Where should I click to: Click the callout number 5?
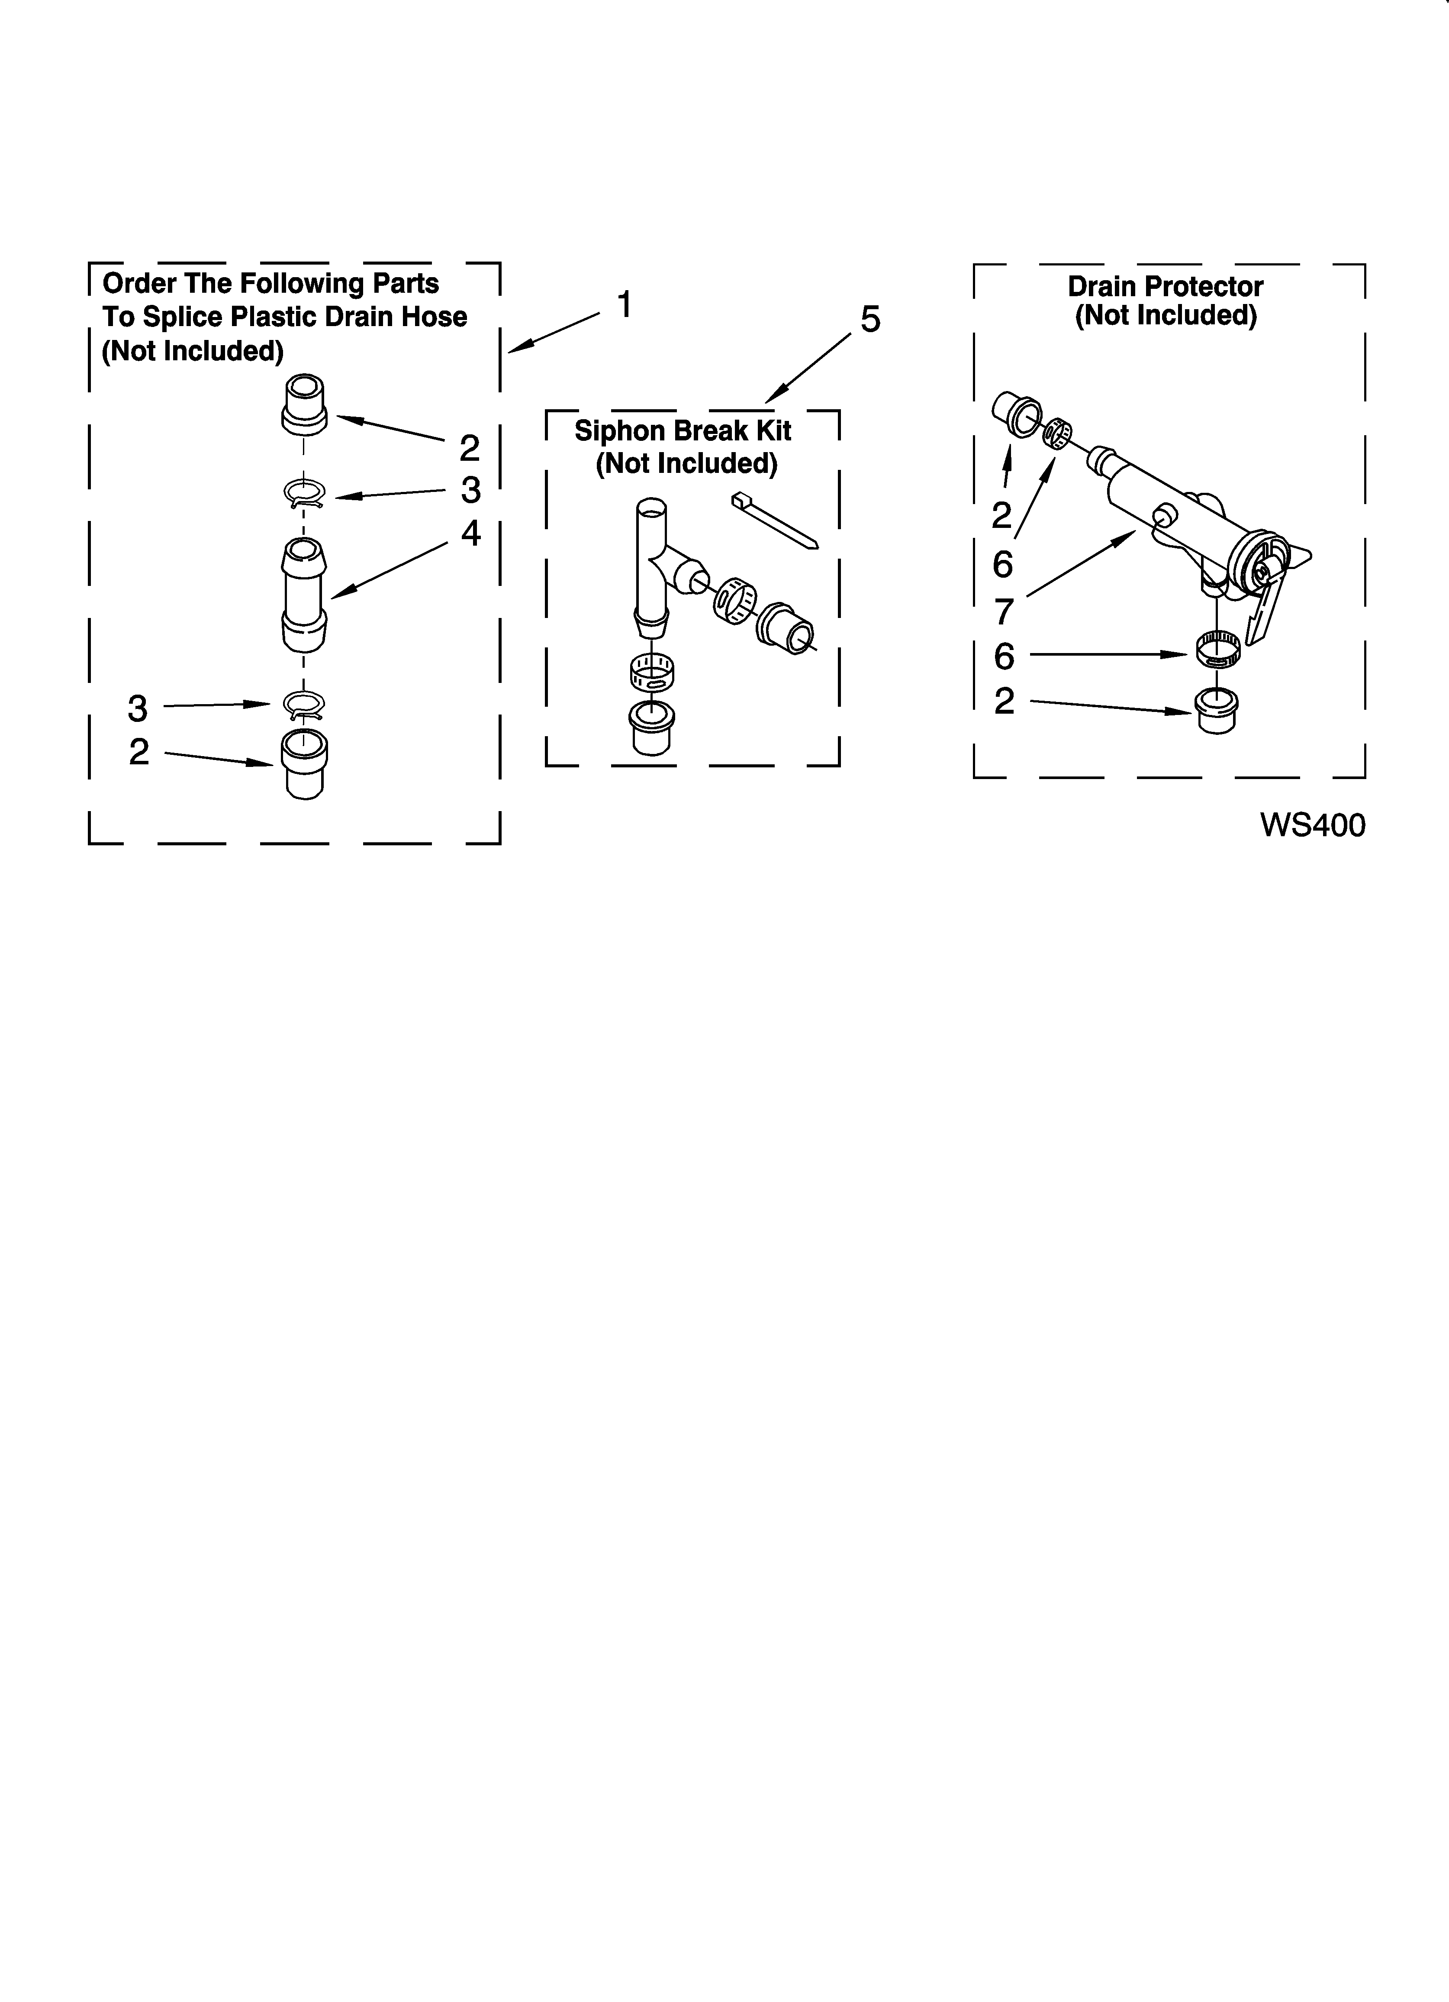pos(870,320)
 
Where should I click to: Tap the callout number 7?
pos(1003,611)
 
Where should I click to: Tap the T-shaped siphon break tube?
pos(657,565)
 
